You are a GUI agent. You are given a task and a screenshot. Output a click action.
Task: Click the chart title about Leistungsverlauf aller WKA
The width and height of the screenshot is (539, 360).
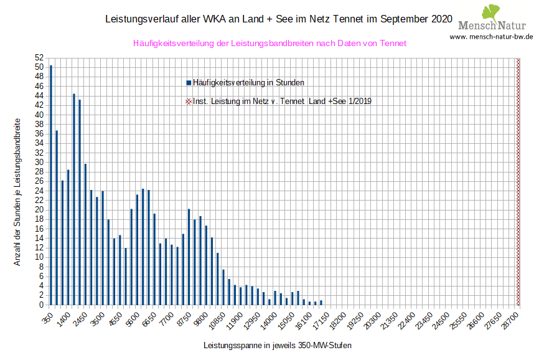click(x=278, y=19)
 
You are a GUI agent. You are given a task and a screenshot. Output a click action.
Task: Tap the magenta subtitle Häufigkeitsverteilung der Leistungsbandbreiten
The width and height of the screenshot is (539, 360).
click(x=269, y=44)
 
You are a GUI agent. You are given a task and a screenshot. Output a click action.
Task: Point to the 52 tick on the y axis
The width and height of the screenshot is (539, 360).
click(x=39, y=57)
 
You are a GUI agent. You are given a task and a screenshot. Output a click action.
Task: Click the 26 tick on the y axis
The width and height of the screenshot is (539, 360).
click(x=39, y=181)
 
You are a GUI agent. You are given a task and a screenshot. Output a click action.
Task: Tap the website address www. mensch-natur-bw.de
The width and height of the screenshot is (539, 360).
click(x=491, y=37)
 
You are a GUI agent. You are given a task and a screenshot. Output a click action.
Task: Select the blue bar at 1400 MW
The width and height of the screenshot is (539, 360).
click(x=68, y=237)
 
